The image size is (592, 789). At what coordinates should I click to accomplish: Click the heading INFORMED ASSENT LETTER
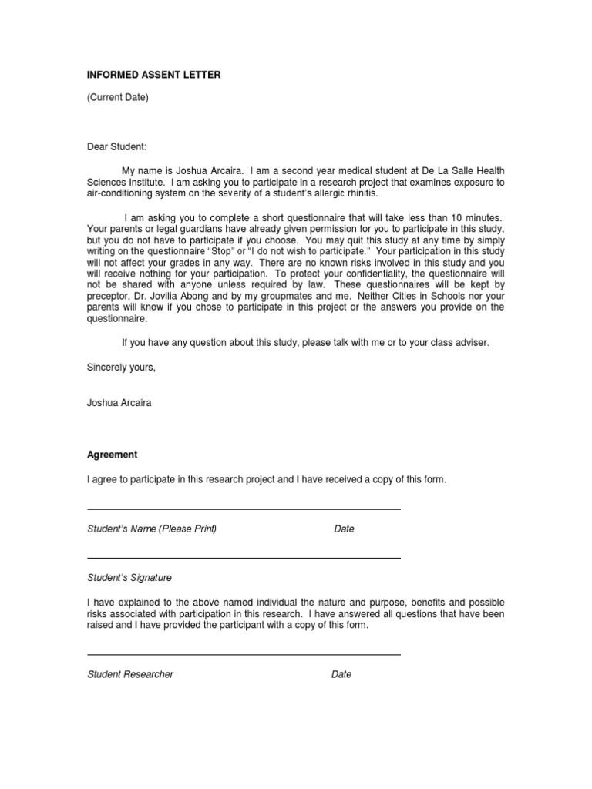click(x=153, y=75)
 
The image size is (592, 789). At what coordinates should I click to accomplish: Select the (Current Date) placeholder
click(x=117, y=97)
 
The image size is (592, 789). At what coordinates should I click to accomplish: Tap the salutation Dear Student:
click(x=116, y=146)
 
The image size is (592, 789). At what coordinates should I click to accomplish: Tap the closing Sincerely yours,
click(x=121, y=367)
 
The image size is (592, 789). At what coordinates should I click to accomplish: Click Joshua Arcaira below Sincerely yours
click(x=119, y=402)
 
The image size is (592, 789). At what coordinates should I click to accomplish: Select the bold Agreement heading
click(x=112, y=455)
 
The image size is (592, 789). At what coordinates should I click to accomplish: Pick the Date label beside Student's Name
click(x=344, y=529)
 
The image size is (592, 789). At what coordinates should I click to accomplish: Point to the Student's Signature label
click(x=129, y=577)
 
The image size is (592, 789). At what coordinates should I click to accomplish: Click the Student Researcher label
click(x=130, y=674)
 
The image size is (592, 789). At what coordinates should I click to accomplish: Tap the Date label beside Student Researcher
click(x=341, y=674)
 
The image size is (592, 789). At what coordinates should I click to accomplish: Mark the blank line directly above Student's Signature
click(x=244, y=558)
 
